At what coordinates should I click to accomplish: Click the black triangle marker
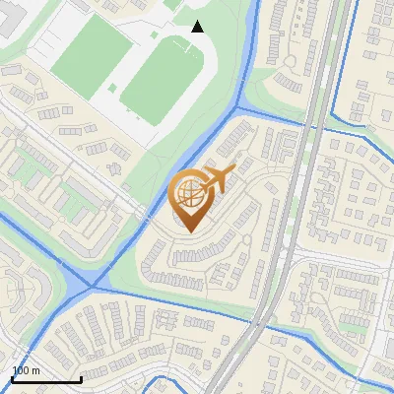click(x=197, y=27)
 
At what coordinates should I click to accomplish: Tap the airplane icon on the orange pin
click(x=217, y=179)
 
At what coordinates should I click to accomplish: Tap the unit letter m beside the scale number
click(x=36, y=370)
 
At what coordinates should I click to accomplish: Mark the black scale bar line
click(x=46, y=379)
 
